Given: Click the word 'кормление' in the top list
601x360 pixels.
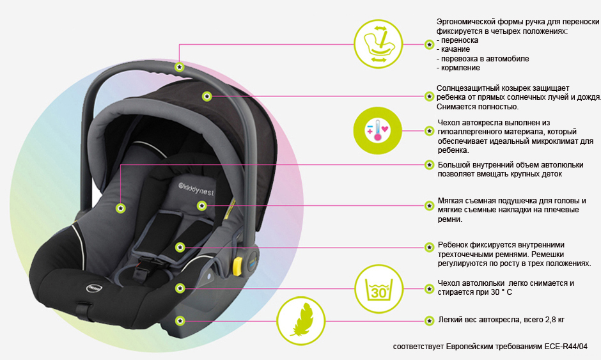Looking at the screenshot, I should click(458, 68).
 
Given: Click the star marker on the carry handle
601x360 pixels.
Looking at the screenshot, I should click(180, 67).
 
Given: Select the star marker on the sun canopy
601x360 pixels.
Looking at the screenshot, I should click(207, 96).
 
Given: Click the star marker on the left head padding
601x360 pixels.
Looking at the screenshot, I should click(120, 208).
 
